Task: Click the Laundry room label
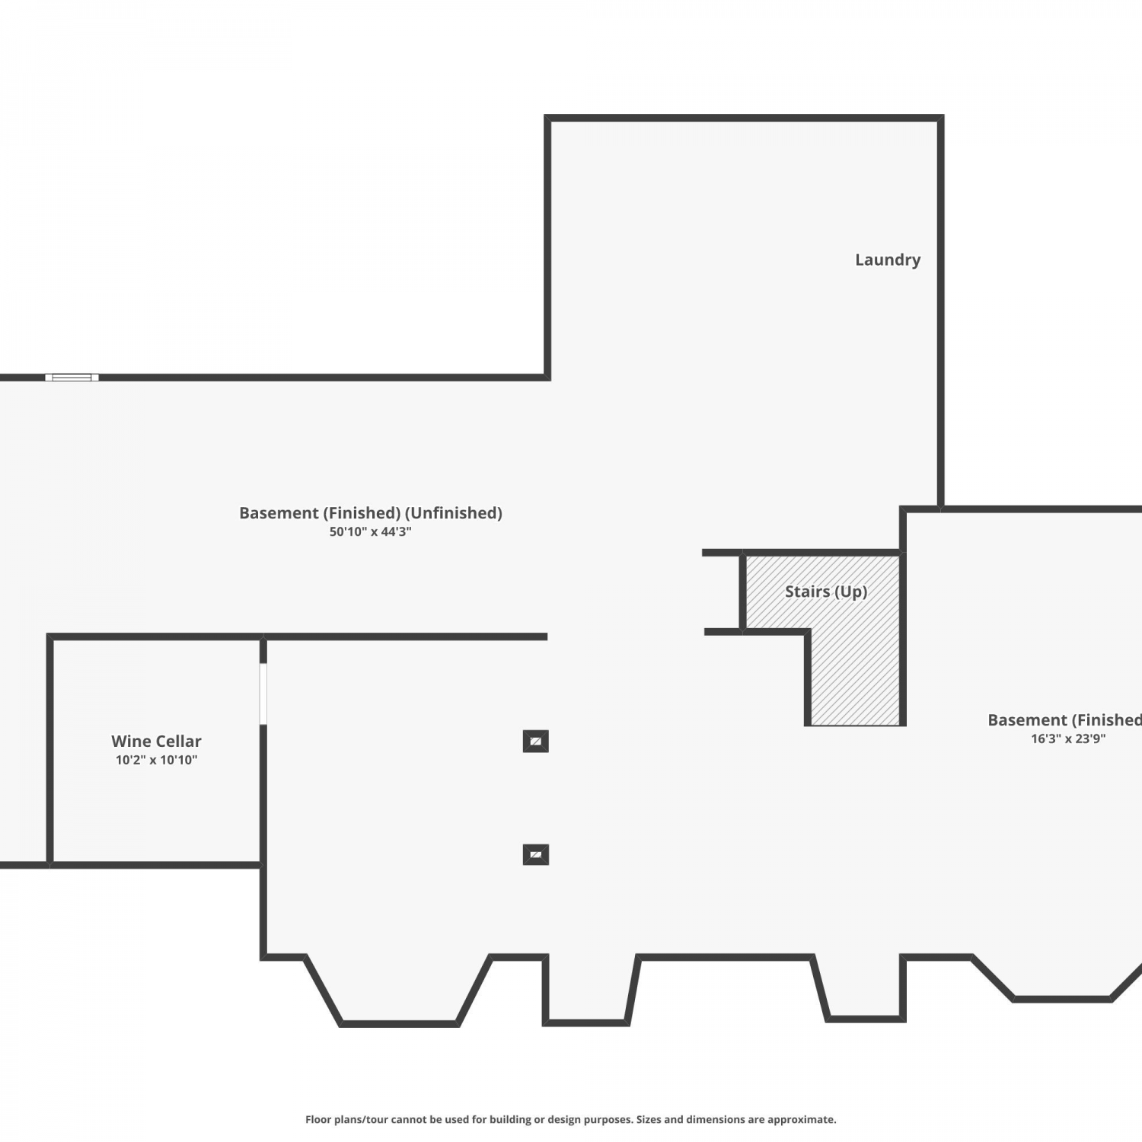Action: (888, 260)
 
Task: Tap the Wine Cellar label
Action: (156, 741)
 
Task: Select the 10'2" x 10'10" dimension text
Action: (156, 760)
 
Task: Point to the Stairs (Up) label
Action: (826, 592)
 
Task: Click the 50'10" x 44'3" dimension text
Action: (370, 531)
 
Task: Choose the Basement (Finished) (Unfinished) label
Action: (371, 513)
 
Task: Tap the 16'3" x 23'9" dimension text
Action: (1068, 738)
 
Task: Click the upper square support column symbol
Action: (536, 741)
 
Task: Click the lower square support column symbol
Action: (536, 855)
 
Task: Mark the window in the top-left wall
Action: (72, 378)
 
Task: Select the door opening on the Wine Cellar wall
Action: (263, 694)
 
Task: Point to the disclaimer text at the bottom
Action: (571, 1119)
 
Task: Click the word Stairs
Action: (808, 592)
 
